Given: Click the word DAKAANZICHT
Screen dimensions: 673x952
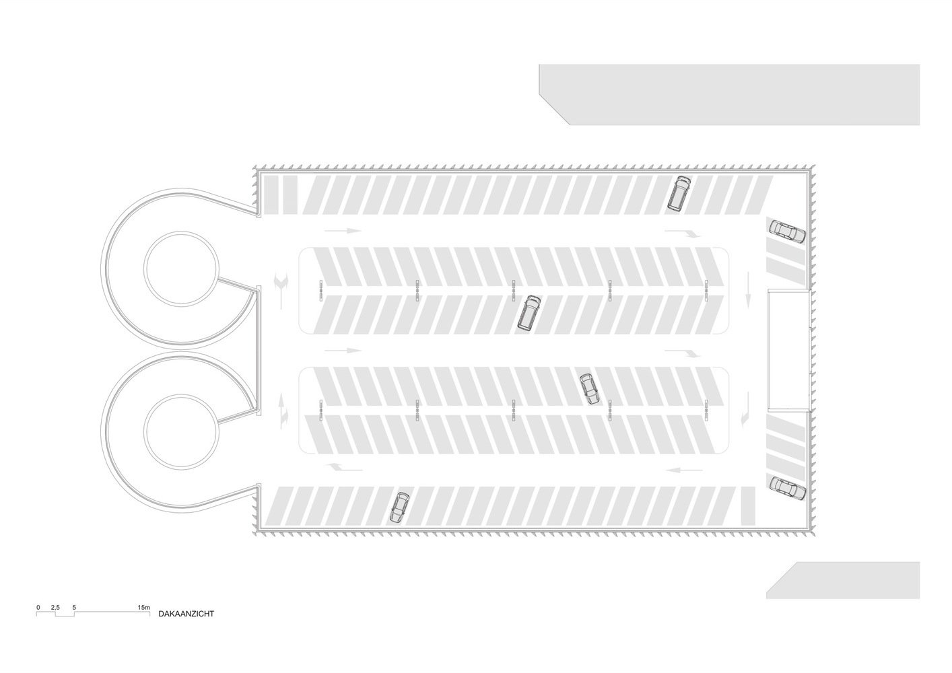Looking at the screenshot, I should coord(186,614).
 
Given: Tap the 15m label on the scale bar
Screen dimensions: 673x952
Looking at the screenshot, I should coord(143,607).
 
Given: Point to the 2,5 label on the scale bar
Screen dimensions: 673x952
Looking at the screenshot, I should coord(55,607).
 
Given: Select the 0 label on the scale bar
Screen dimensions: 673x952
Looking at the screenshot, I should coord(38,607).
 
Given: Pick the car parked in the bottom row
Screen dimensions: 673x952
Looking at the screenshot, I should coord(399,507).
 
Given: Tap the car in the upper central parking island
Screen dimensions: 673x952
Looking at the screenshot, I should coord(529,313).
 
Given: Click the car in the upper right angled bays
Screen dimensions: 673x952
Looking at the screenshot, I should coord(787,231).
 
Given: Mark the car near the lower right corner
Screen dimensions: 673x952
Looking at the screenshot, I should coord(788,488).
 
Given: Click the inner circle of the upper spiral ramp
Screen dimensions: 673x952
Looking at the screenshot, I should coord(180,267).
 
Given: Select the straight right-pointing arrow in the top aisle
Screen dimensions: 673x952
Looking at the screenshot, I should coord(343,231).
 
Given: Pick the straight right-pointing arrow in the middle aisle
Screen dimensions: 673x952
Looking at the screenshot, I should coord(343,351).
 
